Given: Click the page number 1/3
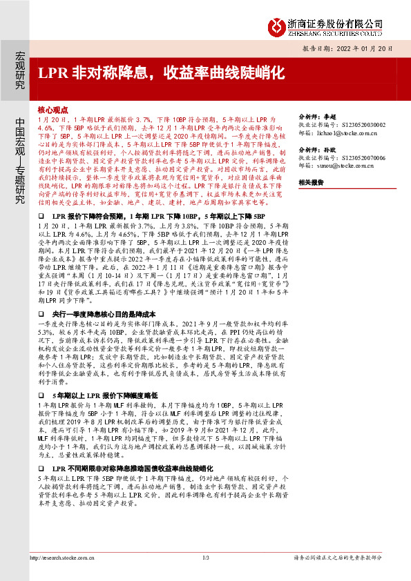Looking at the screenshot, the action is tap(205, 558).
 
